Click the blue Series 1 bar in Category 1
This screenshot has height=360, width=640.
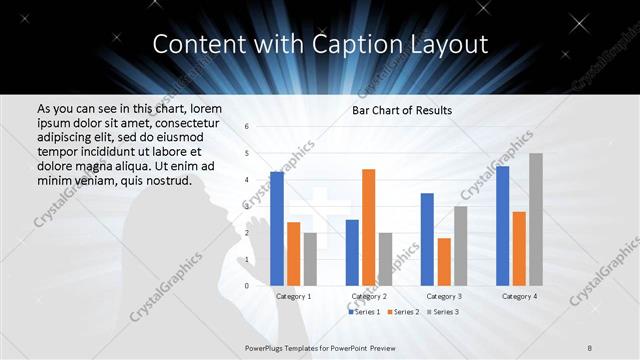pyautogui.click(x=277, y=228)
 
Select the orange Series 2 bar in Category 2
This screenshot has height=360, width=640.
pyautogui.click(x=368, y=227)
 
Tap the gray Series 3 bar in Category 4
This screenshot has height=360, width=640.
pyautogui.click(x=535, y=219)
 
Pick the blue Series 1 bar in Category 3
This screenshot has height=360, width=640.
pyautogui.click(x=427, y=239)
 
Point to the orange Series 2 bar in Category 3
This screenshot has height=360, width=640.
pyautogui.click(x=443, y=261)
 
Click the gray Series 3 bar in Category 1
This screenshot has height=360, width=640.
pyautogui.click(x=310, y=259)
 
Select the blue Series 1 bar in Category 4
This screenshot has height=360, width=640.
pyautogui.click(x=502, y=225)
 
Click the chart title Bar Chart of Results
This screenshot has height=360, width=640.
pyautogui.click(x=402, y=110)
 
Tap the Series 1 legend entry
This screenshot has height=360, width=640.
pyautogui.click(x=364, y=312)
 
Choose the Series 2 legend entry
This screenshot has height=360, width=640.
pyautogui.click(x=402, y=312)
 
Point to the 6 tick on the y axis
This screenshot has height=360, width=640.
pyautogui.click(x=247, y=127)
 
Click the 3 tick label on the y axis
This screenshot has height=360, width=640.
pyautogui.click(x=247, y=206)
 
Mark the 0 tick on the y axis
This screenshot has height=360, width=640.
pyautogui.click(x=247, y=285)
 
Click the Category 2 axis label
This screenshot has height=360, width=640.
pyautogui.click(x=369, y=297)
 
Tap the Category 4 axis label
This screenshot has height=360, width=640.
pyautogui.click(x=518, y=297)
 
